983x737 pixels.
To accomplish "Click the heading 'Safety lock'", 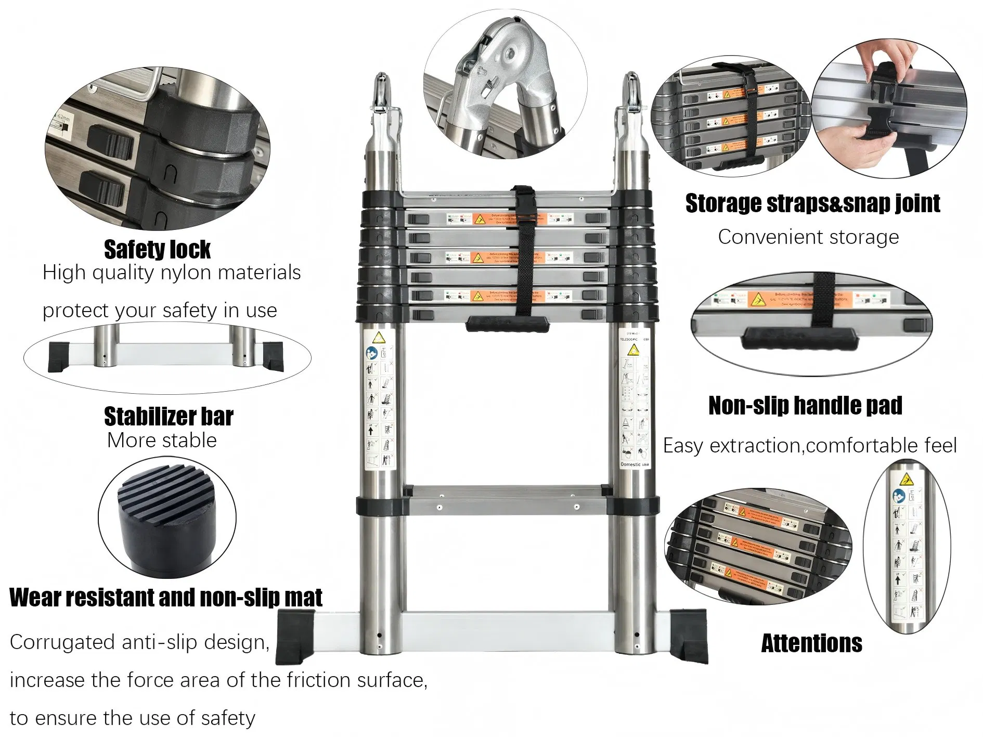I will tap(157, 250).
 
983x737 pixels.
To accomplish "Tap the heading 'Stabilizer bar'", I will tap(169, 417).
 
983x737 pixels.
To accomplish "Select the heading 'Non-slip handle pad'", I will tap(805, 406).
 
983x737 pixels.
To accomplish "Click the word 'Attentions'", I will tap(811, 643).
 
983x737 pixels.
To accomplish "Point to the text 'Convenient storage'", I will tap(808, 237).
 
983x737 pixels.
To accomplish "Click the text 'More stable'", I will tap(162, 441).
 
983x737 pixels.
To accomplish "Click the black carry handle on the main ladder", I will tap(507, 324).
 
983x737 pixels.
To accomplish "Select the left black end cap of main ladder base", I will tap(295, 637).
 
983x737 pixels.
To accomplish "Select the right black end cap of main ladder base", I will tap(689, 637).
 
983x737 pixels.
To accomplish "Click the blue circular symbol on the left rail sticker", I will tap(372, 353).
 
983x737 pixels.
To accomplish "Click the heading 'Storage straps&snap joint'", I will tap(812, 203).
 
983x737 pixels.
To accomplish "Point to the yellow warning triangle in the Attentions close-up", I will tap(907, 479).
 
